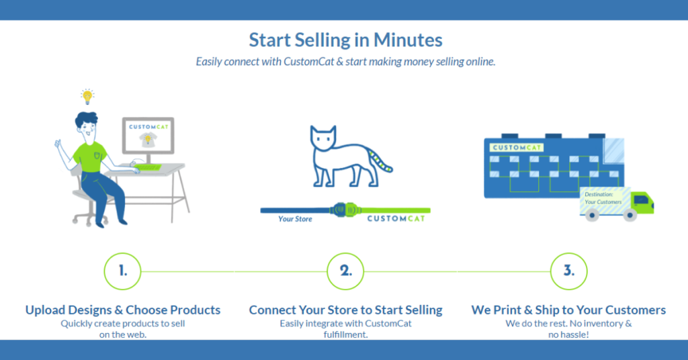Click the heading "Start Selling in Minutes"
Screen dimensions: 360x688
pyautogui.click(x=345, y=40)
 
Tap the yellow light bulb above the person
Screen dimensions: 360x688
pyautogui.click(x=87, y=95)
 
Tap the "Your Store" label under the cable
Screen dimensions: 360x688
pyautogui.click(x=295, y=219)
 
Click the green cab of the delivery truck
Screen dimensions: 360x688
pyautogui.click(x=642, y=201)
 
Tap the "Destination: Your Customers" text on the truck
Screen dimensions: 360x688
pyautogui.click(x=603, y=198)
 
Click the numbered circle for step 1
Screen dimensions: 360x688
pyautogui.click(x=123, y=271)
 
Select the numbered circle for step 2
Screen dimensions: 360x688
pyautogui.click(x=345, y=271)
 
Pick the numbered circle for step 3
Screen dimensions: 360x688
pyautogui.click(x=568, y=271)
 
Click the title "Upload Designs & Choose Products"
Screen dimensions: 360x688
pyautogui.click(x=123, y=310)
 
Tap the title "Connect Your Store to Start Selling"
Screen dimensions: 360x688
pyautogui.click(x=345, y=310)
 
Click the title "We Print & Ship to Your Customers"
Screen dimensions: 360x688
pyautogui.click(x=568, y=310)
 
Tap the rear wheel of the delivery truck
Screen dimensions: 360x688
pyautogui.click(x=592, y=216)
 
